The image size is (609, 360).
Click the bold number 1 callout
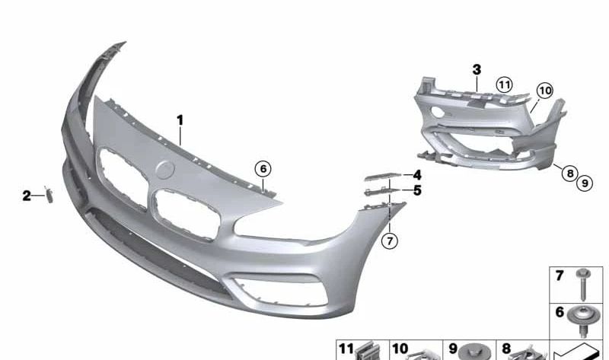pyautogui.click(x=180, y=120)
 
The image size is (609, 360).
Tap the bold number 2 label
pyautogui.click(x=27, y=196)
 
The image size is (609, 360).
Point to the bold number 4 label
pyautogui.click(x=417, y=176)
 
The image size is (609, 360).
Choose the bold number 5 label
pyautogui.click(x=417, y=190)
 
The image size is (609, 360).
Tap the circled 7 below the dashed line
pyautogui.click(x=389, y=241)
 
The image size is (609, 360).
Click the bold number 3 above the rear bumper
pyautogui.click(x=477, y=70)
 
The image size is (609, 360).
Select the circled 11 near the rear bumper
pyautogui.click(x=504, y=84)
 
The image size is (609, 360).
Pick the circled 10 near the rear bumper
pyautogui.click(x=544, y=91)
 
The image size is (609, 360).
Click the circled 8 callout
pyautogui.click(x=569, y=174)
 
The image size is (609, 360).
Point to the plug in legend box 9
pyautogui.click(x=477, y=352)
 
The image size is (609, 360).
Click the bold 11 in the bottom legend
pyautogui.click(x=346, y=349)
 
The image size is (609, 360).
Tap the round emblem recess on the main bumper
pyautogui.click(x=166, y=170)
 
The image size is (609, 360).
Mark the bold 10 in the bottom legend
pyautogui.click(x=400, y=349)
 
